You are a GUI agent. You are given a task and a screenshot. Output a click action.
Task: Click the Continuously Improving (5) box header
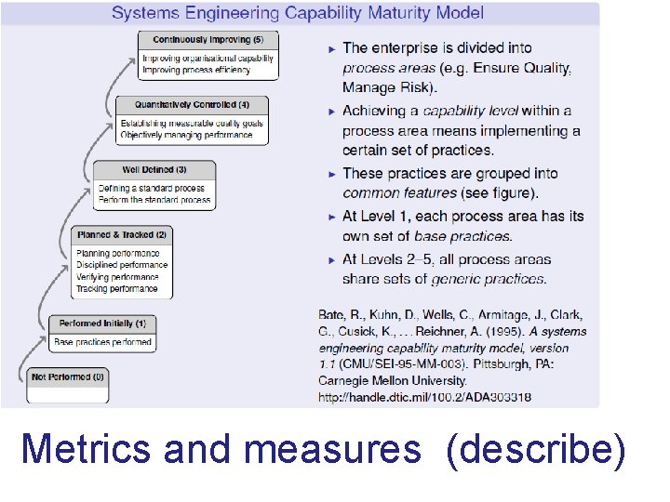pos(208,40)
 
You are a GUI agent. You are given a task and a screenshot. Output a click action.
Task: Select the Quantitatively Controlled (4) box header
pos(192,105)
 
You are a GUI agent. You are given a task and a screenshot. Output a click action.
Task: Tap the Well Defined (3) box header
pos(154,170)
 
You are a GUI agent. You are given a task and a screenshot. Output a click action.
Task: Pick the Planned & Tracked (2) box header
pos(123,234)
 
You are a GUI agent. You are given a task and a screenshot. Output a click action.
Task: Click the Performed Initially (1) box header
pos(102,324)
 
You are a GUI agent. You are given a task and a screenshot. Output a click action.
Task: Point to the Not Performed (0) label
pos(68,376)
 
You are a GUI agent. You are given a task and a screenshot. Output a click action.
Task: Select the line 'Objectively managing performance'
pos(187,135)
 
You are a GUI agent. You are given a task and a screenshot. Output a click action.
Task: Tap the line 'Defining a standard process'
pos(154,189)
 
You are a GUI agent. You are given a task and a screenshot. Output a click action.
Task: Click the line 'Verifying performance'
pos(117,277)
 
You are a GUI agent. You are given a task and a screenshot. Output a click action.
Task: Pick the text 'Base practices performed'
pos(102,342)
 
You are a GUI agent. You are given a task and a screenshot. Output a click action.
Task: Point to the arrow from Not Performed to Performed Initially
pos(33,344)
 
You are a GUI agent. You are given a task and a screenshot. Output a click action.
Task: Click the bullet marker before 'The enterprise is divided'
pos(331,47)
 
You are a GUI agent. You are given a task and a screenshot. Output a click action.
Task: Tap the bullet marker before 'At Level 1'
pos(331,217)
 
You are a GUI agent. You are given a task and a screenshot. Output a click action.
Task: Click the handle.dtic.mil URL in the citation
pos(424,397)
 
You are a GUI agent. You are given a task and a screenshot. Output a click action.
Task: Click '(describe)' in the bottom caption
pos(536,450)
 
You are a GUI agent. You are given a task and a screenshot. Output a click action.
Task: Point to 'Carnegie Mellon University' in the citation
pos(391,381)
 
